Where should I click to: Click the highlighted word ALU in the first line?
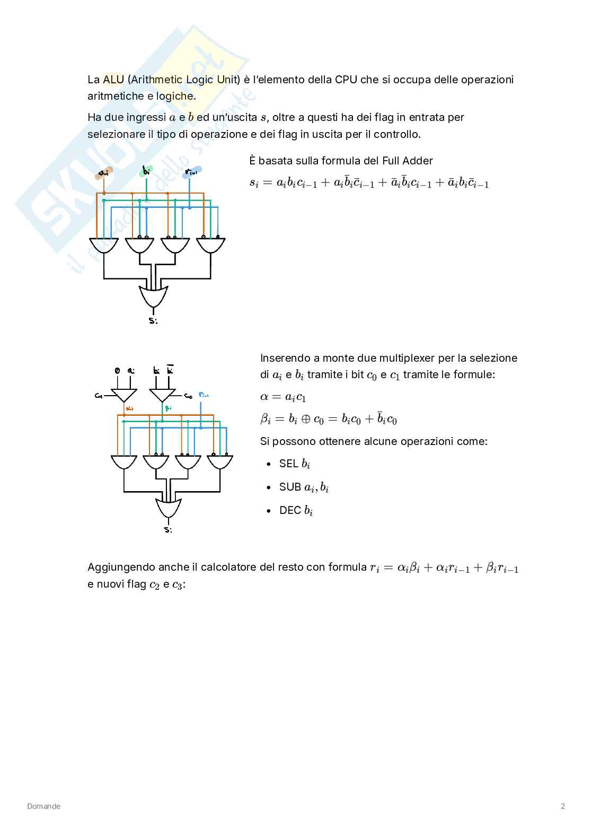pos(113,80)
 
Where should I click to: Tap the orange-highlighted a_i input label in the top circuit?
pos(104,173)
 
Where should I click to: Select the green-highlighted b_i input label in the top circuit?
pos(146,171)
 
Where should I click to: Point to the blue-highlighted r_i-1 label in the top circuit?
pos(191,172)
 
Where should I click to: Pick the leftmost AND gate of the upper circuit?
pos(104,245)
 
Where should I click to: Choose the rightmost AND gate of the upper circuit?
pos(211,245)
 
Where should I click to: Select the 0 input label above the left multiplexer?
pos(117,371)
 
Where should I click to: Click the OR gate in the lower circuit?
pos(169,508)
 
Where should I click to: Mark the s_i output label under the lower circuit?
pos(168,529)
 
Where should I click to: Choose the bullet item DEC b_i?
pos(296,510)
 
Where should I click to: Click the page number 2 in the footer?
pos(562,806)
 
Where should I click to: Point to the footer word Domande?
pos(44,806)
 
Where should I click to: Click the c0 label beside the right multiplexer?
pos(188,396)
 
